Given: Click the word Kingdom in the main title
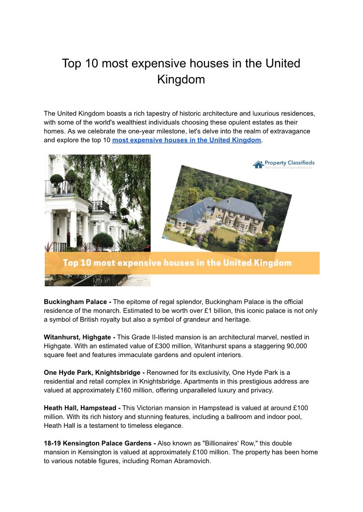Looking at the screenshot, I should click(181, 79).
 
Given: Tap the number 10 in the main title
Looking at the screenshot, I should click(91, 63).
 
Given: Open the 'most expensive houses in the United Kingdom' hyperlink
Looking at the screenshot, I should click(186, 140).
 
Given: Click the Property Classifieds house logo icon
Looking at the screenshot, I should click(258, 164).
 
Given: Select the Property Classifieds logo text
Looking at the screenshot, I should click(289, 163).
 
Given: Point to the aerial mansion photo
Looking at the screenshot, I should click(227, 208).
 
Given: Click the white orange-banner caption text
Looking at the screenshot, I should click(177, 263).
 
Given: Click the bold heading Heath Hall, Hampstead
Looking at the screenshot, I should click(81, 408).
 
